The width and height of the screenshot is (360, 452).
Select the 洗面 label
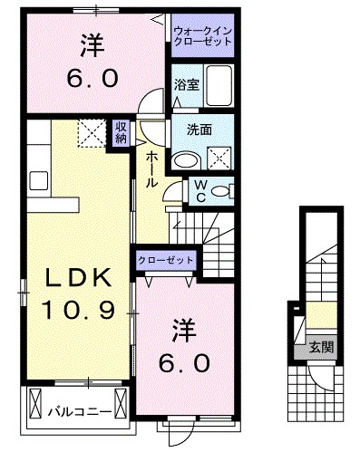(200, 130)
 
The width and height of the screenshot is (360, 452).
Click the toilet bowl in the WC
(223, 192)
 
